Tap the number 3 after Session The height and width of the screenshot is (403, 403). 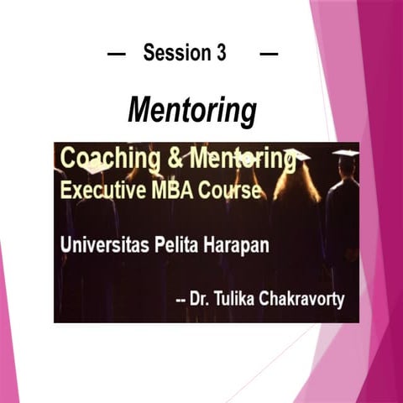point(220,54)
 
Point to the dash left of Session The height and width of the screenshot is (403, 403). point(117,54)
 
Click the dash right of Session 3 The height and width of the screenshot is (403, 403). point(269,54)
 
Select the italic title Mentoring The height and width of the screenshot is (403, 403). point(191,109)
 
